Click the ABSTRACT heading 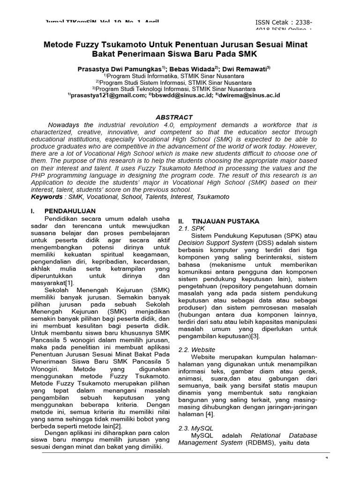(x=174, y=117)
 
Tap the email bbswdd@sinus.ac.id (x=180, y=95)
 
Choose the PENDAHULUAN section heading (x=70, y=211)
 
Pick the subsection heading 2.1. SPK (x=188, y=228)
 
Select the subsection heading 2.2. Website (x=197, y=350)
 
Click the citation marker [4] (x=209, y=414)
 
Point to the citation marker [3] (x=255, y=336)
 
